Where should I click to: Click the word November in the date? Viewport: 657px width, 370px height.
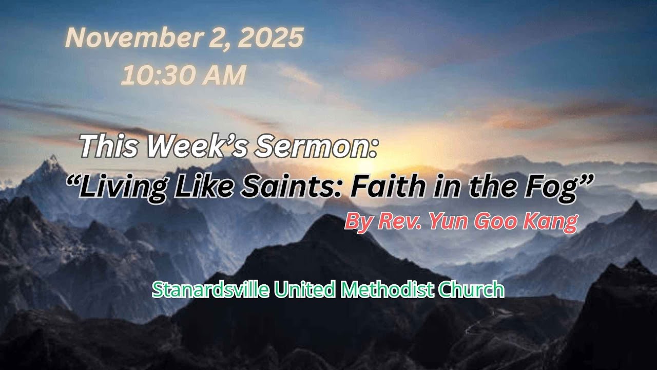click(x=134, y=38)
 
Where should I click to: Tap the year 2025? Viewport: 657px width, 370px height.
click(x=270, y=38)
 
